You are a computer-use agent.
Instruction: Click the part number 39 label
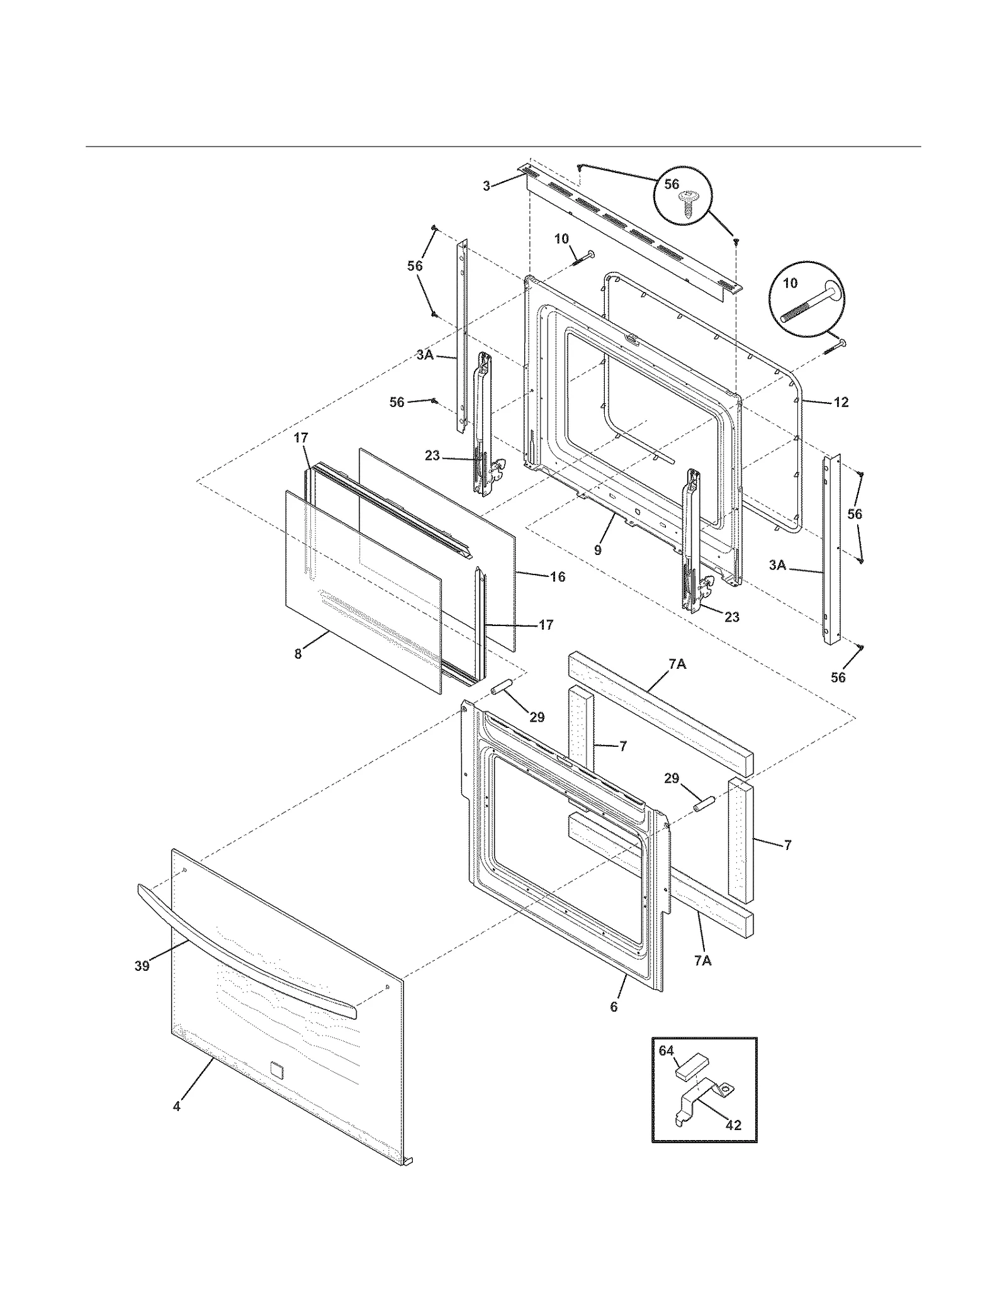click(x=142, y=965)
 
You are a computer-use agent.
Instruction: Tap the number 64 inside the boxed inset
click(x=667, y=1050)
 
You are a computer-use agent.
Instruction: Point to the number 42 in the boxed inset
click(x=733, y=1125)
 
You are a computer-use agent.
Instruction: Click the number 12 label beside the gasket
click(x=841, y=402)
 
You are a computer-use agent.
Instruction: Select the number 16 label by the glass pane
click(x=558, y=576)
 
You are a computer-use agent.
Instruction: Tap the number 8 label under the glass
click(x=298, y=654)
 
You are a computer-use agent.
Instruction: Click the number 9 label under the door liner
click(x=597, y=550)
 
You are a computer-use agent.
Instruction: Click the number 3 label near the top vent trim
click(x=486, y=186)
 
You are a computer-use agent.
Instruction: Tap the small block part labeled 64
click(x=691, y=1065)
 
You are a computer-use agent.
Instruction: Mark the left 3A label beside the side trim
click(x=425, y=355)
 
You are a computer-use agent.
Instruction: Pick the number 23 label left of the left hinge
click(x=432, y=456)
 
